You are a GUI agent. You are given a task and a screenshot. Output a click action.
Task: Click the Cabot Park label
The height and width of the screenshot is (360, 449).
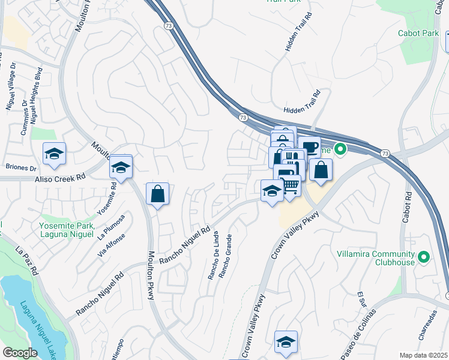[418, 33]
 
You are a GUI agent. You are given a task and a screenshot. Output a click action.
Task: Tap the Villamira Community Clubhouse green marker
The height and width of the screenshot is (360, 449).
[424, 257]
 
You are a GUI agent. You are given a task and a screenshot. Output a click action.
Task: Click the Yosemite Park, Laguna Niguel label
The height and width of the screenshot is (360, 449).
[67, 230]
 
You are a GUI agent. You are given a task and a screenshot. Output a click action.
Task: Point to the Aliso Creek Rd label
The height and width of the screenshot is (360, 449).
[60, 178]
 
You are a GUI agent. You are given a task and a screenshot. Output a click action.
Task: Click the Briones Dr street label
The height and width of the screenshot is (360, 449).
[20, 168]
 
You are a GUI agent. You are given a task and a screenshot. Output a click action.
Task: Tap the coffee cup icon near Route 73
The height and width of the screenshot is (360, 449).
[309, 148]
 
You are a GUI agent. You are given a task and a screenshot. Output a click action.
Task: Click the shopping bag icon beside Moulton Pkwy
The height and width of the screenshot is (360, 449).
[157, 194]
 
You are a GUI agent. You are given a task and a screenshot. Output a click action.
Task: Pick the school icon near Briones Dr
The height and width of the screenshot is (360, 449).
[54, 153]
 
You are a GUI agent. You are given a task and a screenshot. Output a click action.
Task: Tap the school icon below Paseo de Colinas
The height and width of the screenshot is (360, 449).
[286, 341]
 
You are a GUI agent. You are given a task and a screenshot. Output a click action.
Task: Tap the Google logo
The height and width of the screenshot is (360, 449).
[20, 353]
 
